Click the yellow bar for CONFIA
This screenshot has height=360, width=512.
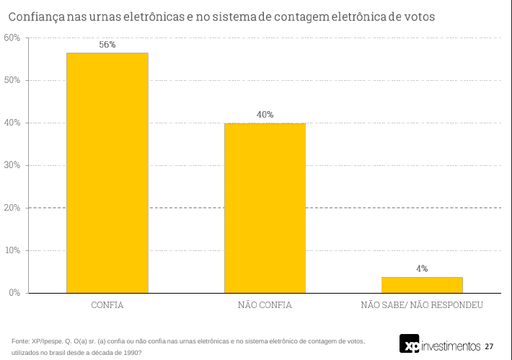[107, 173]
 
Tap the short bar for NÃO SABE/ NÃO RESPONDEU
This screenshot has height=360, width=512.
[422, 285]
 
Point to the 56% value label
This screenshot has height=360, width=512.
[107, 45]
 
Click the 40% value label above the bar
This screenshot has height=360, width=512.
[265, 115]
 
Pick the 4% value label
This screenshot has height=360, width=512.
[422, 268]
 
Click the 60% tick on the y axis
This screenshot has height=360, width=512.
[12, 38]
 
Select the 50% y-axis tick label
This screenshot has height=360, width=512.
[12, 80]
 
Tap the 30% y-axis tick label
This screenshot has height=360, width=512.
[12, 165]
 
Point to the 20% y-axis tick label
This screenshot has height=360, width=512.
[12, 208]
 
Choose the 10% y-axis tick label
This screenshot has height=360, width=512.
[12, 250]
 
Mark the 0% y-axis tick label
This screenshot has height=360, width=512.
[14, 293]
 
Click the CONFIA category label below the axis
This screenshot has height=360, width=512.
[107, 305]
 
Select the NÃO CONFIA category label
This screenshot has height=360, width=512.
[265, 305]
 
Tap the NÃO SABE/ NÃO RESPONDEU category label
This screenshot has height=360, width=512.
[422, 305]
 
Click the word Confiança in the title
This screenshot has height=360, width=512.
[36, 15]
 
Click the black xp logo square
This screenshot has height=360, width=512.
[410, 344]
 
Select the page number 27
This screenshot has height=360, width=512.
[489, 346]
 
